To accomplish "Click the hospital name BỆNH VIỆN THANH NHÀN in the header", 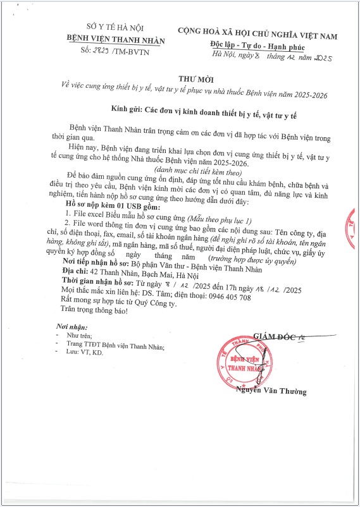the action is [116, 40].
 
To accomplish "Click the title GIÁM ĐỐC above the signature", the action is [275, 335].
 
